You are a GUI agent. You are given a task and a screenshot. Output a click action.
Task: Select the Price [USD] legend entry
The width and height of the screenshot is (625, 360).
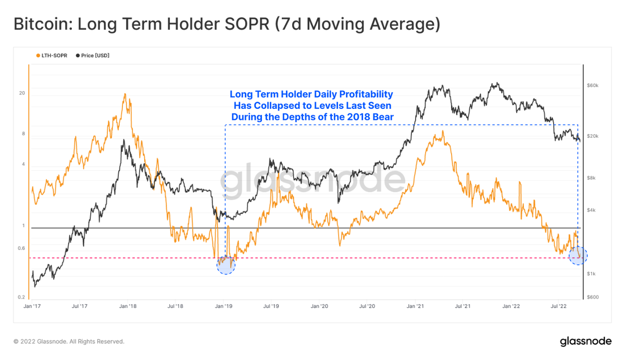(x=93, y=55)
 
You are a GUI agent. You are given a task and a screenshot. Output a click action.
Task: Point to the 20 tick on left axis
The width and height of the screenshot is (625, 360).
(x=22, y=93)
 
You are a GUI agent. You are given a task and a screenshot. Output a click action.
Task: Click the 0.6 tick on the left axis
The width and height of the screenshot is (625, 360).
(x=21, y=248)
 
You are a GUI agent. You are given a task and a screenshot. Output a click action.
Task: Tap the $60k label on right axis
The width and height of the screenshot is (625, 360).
(x=593, y=85)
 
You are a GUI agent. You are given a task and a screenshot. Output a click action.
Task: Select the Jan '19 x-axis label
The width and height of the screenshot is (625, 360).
(x=224, y=307)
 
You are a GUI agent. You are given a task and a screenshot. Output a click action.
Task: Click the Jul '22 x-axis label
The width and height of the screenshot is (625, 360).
(x=559, y=307)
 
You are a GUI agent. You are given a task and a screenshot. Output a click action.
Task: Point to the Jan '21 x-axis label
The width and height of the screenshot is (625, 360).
(x=416, y=307)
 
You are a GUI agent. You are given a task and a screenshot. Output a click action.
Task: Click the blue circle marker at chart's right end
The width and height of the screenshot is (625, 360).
(x=578, y=255)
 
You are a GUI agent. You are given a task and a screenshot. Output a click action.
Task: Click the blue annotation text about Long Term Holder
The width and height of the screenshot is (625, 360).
(x=311, y=106)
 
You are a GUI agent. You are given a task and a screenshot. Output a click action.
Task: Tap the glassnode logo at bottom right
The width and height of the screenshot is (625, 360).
(x=585, y=341)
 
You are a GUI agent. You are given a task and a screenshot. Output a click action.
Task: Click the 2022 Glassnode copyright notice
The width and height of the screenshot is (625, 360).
(x=69, y=342)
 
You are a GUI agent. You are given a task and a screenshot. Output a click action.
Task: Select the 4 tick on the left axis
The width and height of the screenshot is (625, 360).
(x=23, y=165)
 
